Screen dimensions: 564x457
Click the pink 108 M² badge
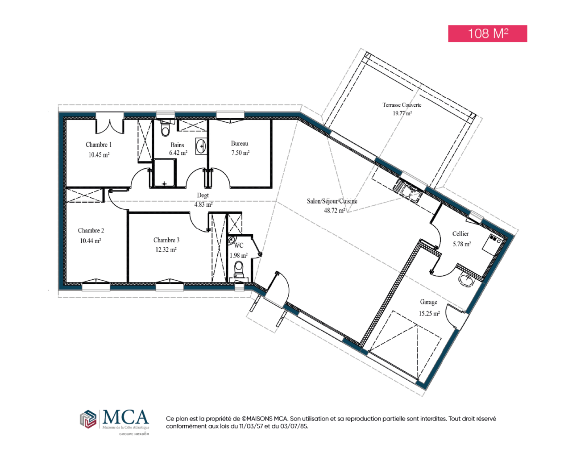(487, 33)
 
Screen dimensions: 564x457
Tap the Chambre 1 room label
(99, 145)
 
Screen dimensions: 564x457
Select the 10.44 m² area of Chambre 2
(90, 241)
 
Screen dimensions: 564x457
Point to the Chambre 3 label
(166, 240)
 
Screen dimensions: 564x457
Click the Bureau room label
(239, 144)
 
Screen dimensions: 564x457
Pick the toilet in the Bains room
(166, 129)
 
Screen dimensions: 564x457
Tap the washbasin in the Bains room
(201, 145)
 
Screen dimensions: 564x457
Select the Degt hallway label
(203, 195)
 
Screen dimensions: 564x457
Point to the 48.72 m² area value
(334, 211)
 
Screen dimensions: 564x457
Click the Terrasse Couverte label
(402, 105)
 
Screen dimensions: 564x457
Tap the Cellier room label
(460, 233)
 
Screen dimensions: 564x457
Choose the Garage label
(428, 302)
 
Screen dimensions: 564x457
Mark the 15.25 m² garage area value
(429, 313)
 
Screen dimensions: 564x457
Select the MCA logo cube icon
(88, 419)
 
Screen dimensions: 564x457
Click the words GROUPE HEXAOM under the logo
(134, 434)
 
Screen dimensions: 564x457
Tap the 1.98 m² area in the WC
(238, 255)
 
